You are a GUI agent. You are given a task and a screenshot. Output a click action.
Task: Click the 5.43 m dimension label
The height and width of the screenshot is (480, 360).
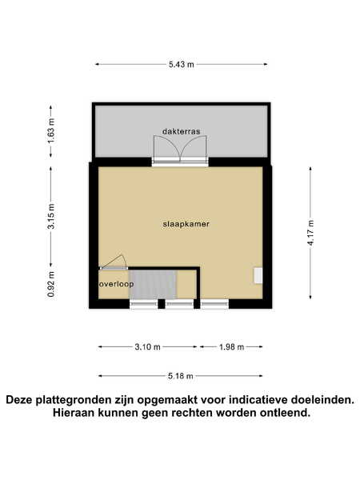pos(182,65)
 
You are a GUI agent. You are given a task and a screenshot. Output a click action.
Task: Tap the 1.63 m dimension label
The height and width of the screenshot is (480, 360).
pos(51,130)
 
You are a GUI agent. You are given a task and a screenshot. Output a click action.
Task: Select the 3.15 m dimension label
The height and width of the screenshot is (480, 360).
pos(51,216)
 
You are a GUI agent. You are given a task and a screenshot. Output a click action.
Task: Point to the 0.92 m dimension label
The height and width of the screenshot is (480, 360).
pos(51,284)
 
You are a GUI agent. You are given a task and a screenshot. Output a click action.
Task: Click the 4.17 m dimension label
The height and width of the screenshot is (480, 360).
pos(311,233)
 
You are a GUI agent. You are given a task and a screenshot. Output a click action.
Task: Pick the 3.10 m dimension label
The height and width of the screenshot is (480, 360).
pos(147,347)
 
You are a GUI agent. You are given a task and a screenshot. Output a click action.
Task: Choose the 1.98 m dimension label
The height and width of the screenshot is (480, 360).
pos(232,347)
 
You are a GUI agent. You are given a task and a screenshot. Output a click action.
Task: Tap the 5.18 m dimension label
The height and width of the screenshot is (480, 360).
pos(181,376)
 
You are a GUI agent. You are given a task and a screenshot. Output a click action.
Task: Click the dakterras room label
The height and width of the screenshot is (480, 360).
pos(182,132)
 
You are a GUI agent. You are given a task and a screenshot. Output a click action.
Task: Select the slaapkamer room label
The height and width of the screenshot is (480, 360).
pos(186,224)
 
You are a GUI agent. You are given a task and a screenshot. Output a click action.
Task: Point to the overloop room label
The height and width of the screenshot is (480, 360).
pos(116,284)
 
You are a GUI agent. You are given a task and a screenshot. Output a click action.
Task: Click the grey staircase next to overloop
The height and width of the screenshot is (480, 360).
pos(153,284)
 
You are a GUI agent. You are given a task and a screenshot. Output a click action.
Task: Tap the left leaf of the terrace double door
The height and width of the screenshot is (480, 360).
pos(167,147)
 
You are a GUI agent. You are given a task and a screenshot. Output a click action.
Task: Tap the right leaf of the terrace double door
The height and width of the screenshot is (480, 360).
pos(194,147)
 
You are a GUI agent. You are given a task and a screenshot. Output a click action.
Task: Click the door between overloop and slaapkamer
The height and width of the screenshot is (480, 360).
pos(114,262)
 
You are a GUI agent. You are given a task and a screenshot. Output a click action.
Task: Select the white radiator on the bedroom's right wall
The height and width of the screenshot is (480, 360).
pos(258,275)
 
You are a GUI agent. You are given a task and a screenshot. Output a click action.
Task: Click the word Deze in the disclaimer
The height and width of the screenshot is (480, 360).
pos(19,400)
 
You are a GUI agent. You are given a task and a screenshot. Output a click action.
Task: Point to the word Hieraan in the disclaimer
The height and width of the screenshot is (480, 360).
pos(74,413)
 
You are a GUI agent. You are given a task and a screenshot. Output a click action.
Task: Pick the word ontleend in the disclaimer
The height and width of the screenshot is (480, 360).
pos(285,413)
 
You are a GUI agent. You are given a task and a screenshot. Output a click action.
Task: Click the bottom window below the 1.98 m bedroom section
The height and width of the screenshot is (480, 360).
pos(214,304)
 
